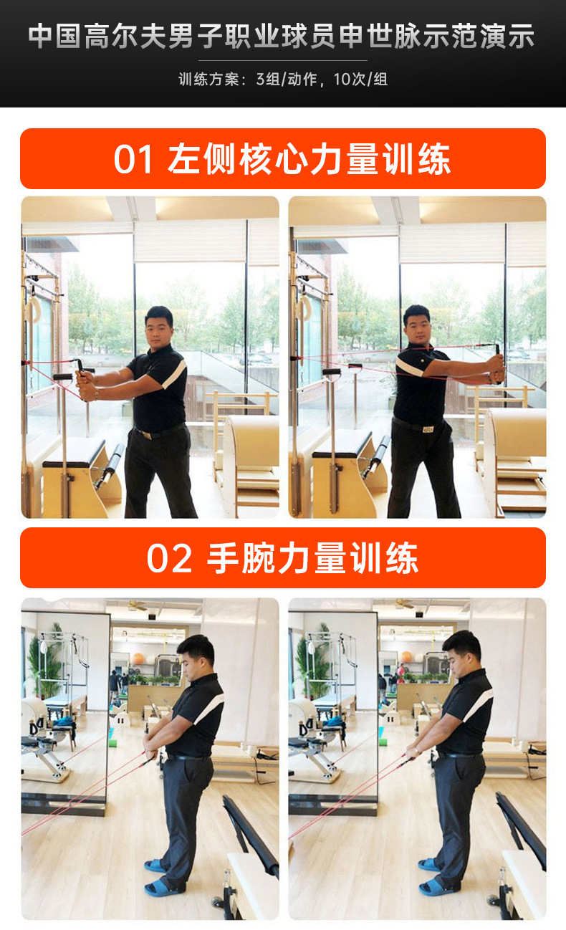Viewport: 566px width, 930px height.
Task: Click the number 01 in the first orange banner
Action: click(x=133, y=159)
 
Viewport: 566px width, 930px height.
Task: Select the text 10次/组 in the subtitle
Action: click(x=360, y=79)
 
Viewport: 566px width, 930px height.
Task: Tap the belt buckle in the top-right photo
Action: click(x=427, y=429)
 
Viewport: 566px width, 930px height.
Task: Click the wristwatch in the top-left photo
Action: click(x=96, y=393)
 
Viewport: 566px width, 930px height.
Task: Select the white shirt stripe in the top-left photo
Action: click(x=176, y=374)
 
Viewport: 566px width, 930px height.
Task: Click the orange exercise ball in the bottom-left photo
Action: click(x=138, y=658)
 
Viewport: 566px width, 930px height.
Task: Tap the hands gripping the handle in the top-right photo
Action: click(x=497, y=368)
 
